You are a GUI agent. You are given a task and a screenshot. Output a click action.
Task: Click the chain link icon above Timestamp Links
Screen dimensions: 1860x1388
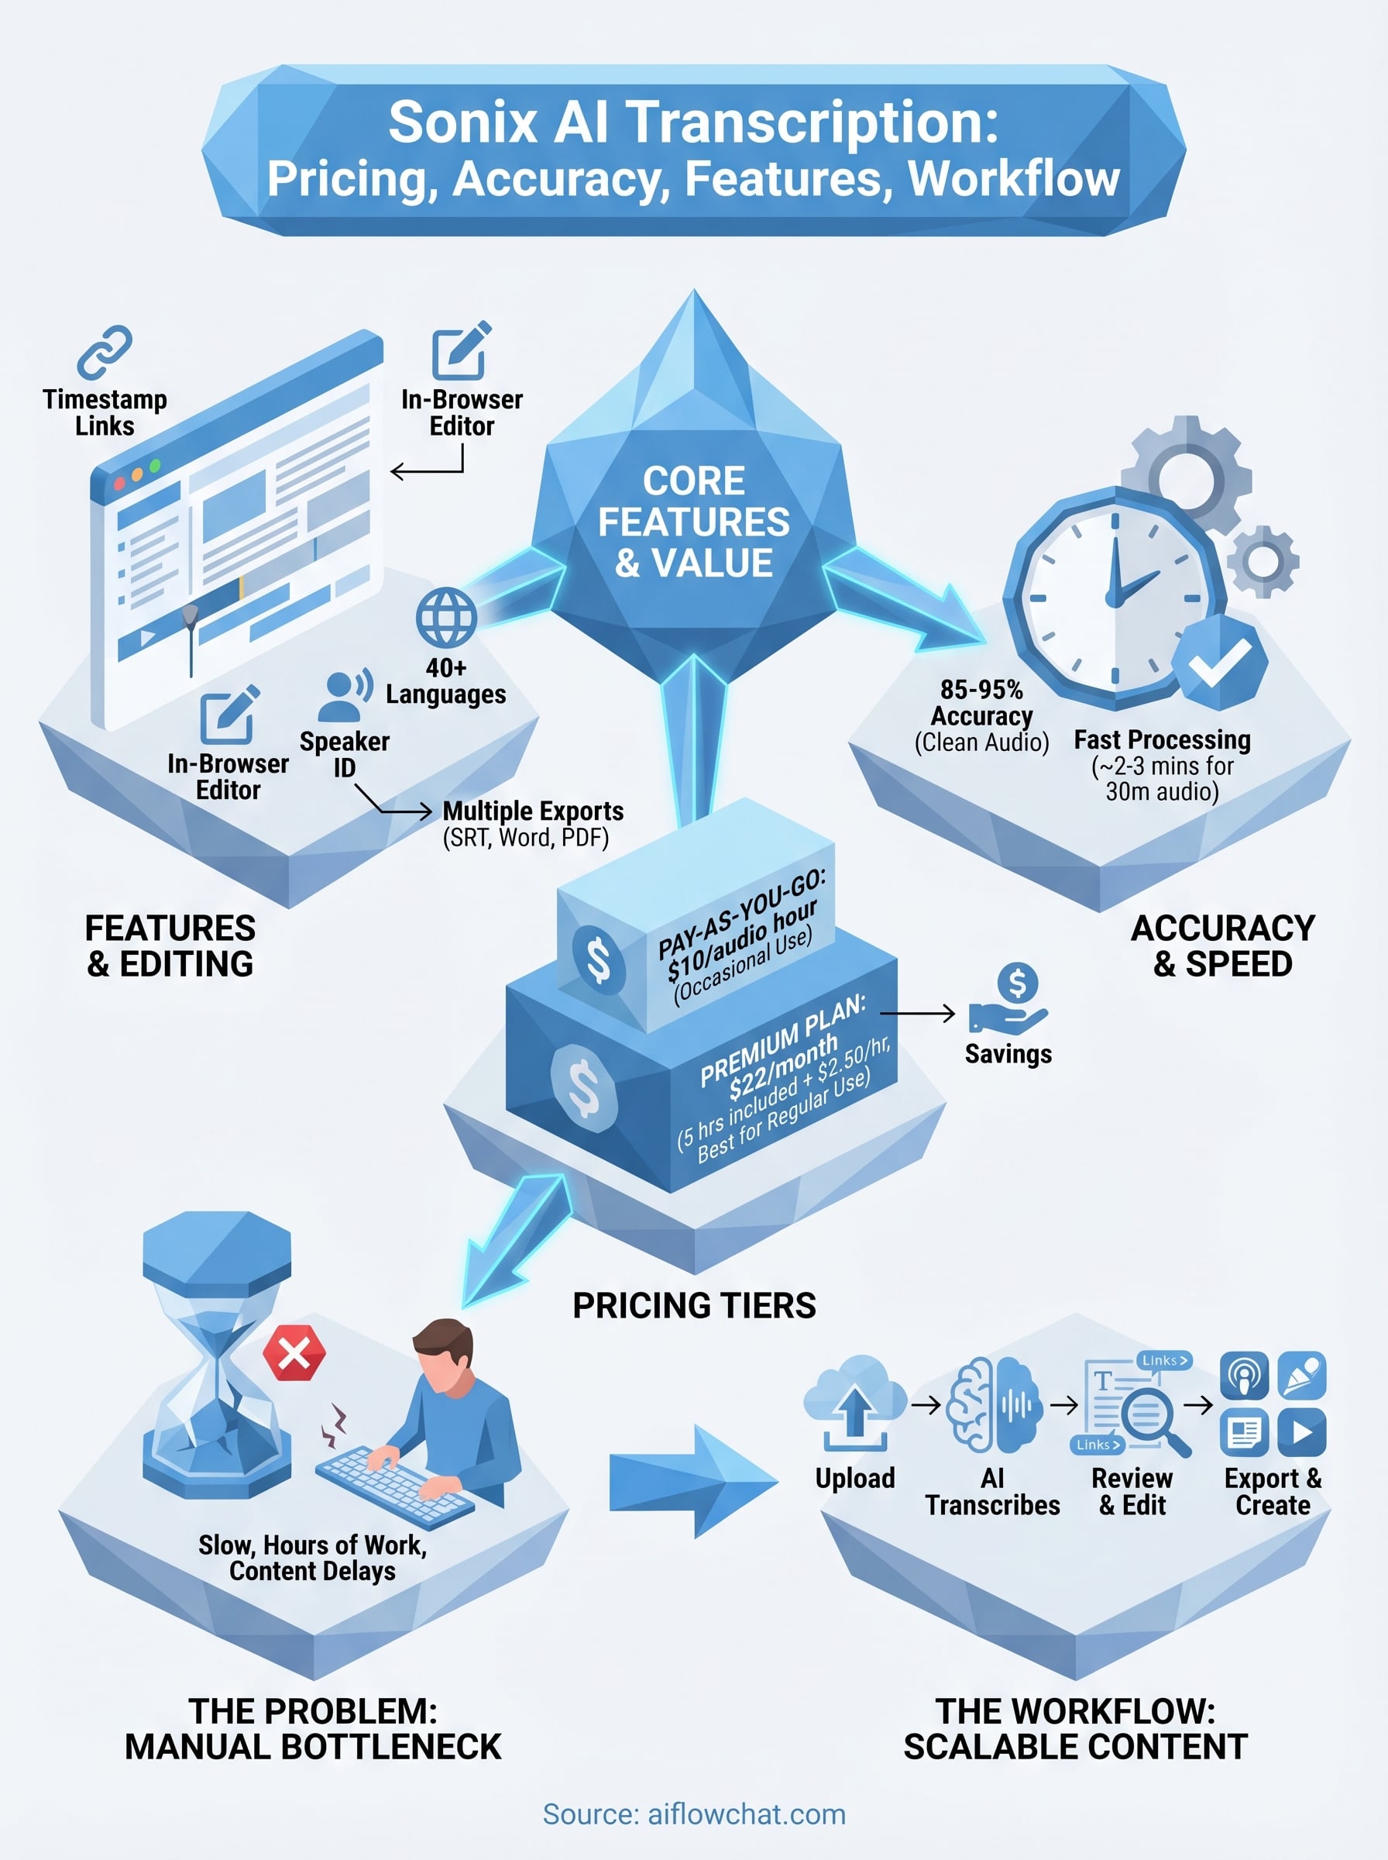coord(105,352)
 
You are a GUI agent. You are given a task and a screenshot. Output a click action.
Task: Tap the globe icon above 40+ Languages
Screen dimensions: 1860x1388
coord(446,618)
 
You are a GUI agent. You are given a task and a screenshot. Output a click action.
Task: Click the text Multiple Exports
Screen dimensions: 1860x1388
coord(533,811)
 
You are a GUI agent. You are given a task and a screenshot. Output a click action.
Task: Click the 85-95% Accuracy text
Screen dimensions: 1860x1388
coord(981,703)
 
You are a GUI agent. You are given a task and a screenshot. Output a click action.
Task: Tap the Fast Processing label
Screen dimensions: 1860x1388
coord(1162,739)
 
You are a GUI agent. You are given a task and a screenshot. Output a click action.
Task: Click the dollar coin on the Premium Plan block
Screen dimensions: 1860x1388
coord(584,1087)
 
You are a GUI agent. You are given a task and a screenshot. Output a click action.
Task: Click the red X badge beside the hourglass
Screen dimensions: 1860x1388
coord(294,1353)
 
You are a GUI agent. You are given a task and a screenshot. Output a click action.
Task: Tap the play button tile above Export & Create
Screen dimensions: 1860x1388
coord(1301,1432)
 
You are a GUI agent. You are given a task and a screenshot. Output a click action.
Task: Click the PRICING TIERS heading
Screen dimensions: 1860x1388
coord(694,1305)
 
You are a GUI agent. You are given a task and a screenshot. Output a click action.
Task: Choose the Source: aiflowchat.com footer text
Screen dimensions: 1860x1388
coord(694,1813)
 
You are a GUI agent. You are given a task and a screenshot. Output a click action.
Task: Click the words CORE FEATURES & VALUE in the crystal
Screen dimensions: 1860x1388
coord(694,522)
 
